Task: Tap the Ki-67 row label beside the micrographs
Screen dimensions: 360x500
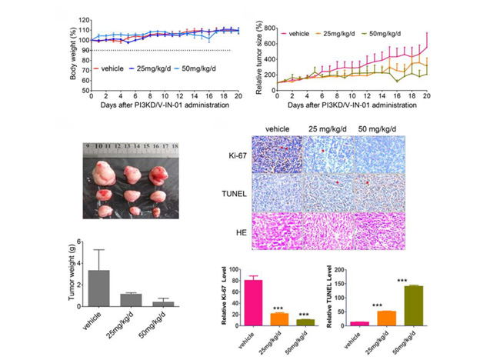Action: tap(233, 155)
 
